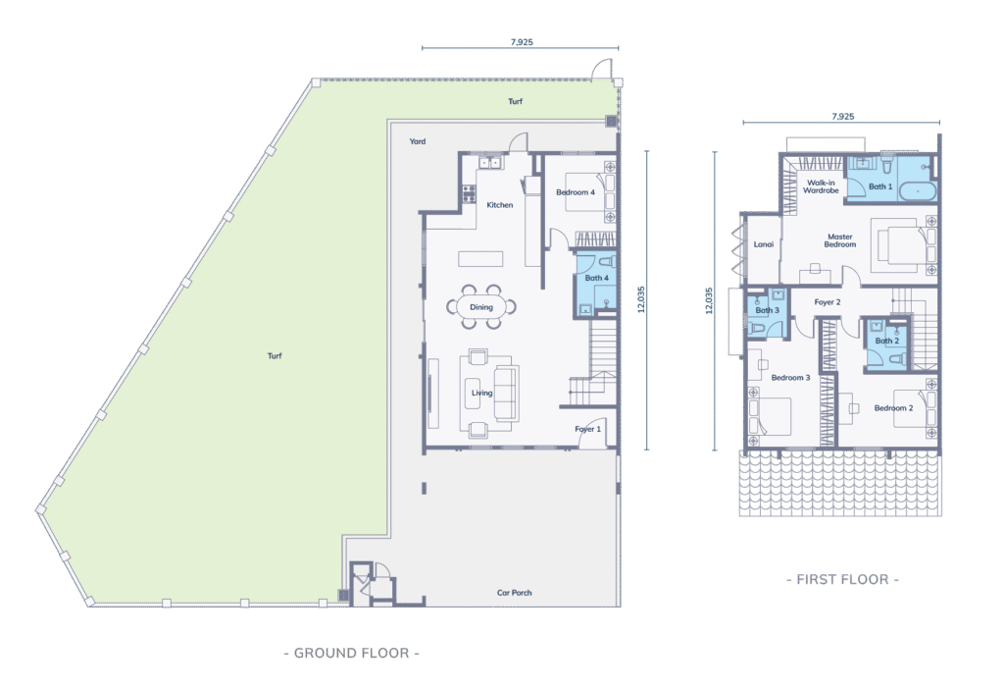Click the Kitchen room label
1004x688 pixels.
click(x=499, y=205)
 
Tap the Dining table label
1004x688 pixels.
click(x=481, y=307)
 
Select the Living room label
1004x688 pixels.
click(x=482, y=393)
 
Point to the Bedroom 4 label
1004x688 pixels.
click(x=575, y=192)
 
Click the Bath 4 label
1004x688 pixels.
click(x=596, y=278)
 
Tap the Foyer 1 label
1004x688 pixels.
click(x=588, y=429)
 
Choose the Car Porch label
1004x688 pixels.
click(x=514, y=593)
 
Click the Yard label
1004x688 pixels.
click(x=418, y=141)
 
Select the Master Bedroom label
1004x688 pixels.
click(x=839, y=240)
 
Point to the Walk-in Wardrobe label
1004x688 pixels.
click(x=821, y=186)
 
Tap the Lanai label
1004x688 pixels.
click(x=763, y=244)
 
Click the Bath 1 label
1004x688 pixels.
click(x=879, y=186)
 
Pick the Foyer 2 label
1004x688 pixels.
click(x=828, y=302)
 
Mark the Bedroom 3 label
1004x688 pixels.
click(x=790, y=378)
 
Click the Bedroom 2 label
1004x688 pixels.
click(x=893, y=408)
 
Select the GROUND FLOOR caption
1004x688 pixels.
click(x=352, y=653)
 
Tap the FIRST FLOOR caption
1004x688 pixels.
click(x=842, y=580)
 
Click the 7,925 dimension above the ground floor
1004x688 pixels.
click(x=522, y=42)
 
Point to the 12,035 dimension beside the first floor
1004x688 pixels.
click(x=709, y=300)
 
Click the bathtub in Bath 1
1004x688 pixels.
click(x=918, y=191)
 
